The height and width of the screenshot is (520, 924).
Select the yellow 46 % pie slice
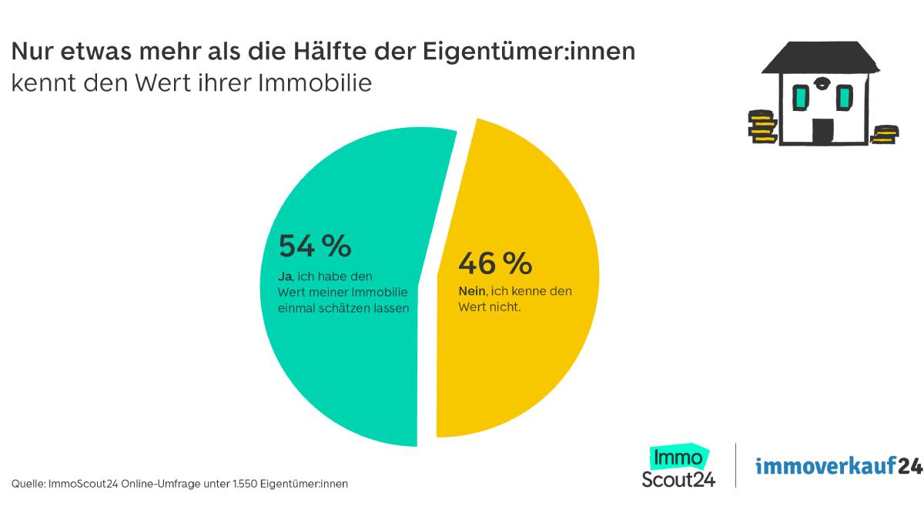pyautogui.click(x=524, y=362)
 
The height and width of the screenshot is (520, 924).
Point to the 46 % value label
pyautogui.click(x=494, y=263)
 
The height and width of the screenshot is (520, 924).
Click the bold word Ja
pyautogui.click(x=284, y=276)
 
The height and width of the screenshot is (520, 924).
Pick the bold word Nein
pyautogui.click(x=471, y=292)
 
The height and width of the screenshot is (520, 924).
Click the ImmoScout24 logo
pyautogui.click(x=678, y=467)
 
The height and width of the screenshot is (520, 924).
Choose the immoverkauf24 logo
pyautogui.click(x=838, y=466)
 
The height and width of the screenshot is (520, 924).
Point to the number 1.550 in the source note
pyautogui.click(x=239, y=484)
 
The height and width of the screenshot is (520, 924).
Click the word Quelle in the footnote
pyautogui.click(x=27, y=484)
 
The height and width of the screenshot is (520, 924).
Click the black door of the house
pyautogui.click(x=823, y=131)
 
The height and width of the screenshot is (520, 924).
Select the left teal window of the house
pyautogui.click(x=800, y=98)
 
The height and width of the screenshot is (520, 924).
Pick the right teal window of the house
pyautogui.click(x=845, y=97)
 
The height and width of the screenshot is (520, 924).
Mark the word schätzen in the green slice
pyautogui.click(x=346, y=307)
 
